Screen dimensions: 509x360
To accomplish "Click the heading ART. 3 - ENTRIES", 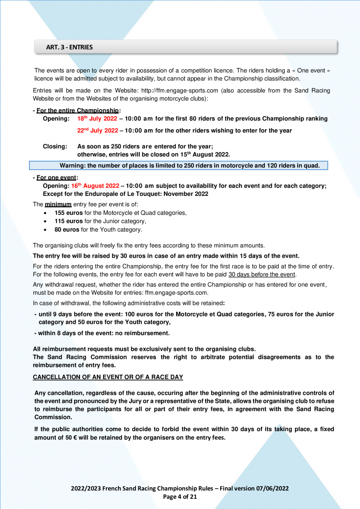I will (x=69, y=47).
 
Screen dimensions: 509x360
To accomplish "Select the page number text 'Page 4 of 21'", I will (x=180, y=497).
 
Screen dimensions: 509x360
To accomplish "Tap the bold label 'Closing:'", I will (x=55, y=146).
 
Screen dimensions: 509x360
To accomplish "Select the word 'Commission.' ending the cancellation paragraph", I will (x=51, y=417).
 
